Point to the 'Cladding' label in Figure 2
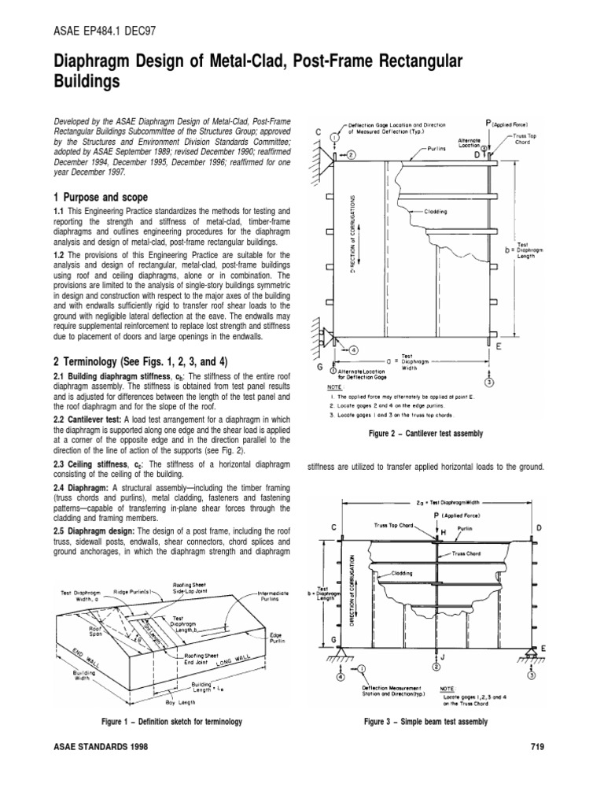click(x=436, y=212)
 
